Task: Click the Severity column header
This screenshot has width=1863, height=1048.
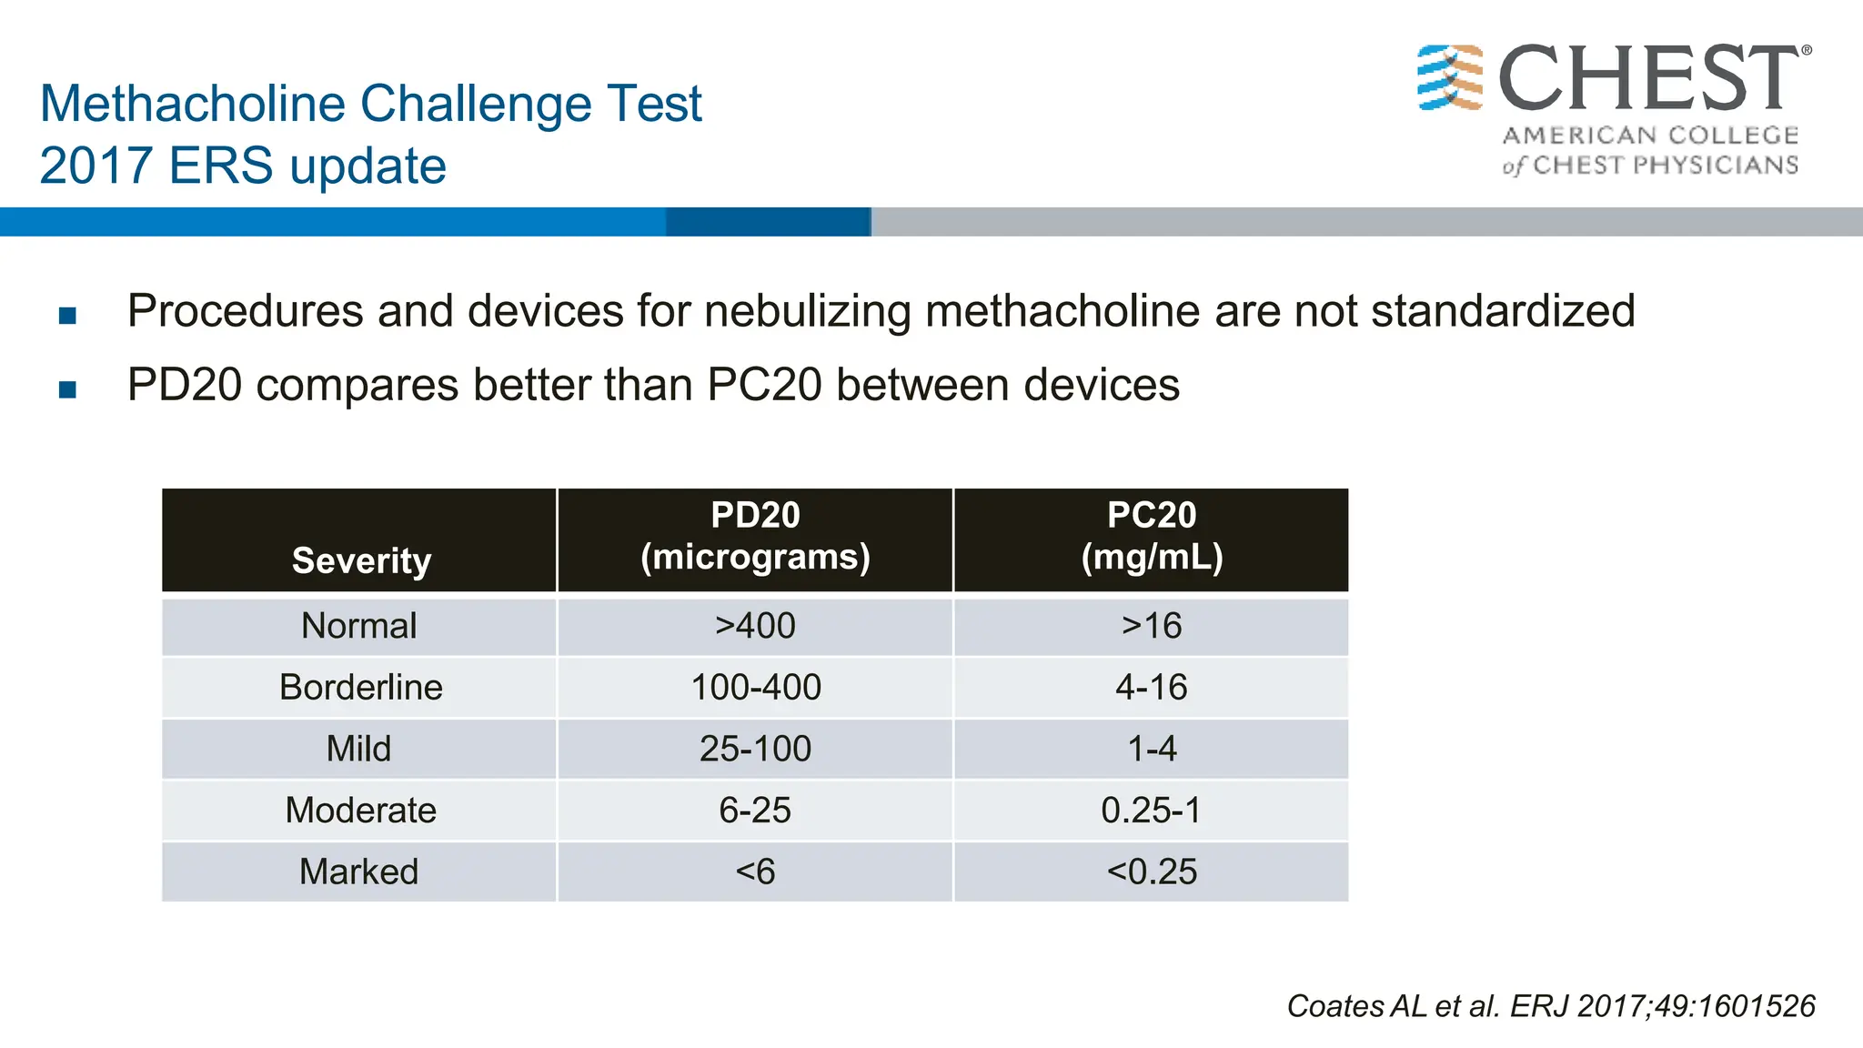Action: point(361,560)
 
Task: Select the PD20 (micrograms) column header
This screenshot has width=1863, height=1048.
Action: point(755,537)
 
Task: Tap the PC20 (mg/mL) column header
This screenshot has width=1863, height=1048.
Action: point(1152,537)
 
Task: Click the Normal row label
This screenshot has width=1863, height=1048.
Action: point(359,626)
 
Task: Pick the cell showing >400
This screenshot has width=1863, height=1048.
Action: point(755,626)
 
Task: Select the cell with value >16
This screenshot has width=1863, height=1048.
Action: point(1152,626)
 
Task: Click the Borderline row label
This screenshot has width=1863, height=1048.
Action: point(361,687)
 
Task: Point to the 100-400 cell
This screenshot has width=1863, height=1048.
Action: point(756,687)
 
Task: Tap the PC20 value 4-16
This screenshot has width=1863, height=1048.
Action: point(1152,687)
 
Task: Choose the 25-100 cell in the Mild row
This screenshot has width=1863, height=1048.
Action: point(755,749)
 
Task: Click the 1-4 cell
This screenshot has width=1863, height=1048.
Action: point(1152,749)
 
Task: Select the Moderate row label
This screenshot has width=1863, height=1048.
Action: point(361,810)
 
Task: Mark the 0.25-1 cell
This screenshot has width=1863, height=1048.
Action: point(1152,810)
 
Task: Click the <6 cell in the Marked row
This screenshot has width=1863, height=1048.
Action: point(755,872)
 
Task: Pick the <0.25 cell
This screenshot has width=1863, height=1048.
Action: point(1152,872)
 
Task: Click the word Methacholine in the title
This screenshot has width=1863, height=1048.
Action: point(193,104)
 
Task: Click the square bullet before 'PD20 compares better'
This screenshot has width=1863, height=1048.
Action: point(67,389)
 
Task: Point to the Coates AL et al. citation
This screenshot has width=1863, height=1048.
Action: point(1550,1006)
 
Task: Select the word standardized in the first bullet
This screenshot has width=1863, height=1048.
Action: point(1503,311)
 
